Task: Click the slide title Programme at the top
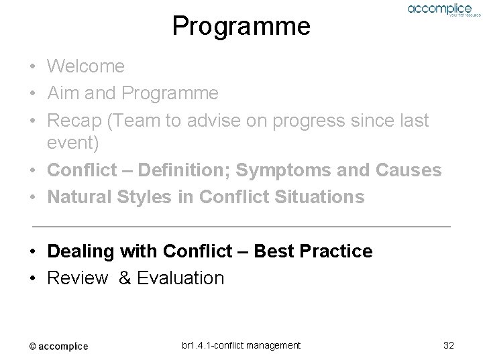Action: click(241, 26)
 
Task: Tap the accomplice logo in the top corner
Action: click(439, 10)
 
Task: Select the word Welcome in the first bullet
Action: click(86, 66)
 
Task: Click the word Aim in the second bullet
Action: click(60, 93)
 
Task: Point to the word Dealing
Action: click(78, 251)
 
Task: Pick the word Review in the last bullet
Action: click(77, 278)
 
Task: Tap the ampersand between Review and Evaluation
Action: click(125, 278)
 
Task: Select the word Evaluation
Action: click(180, 278)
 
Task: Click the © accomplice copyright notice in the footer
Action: click(58, 346)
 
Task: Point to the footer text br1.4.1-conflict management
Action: click(241, 345)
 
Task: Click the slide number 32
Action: click(449, 345)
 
